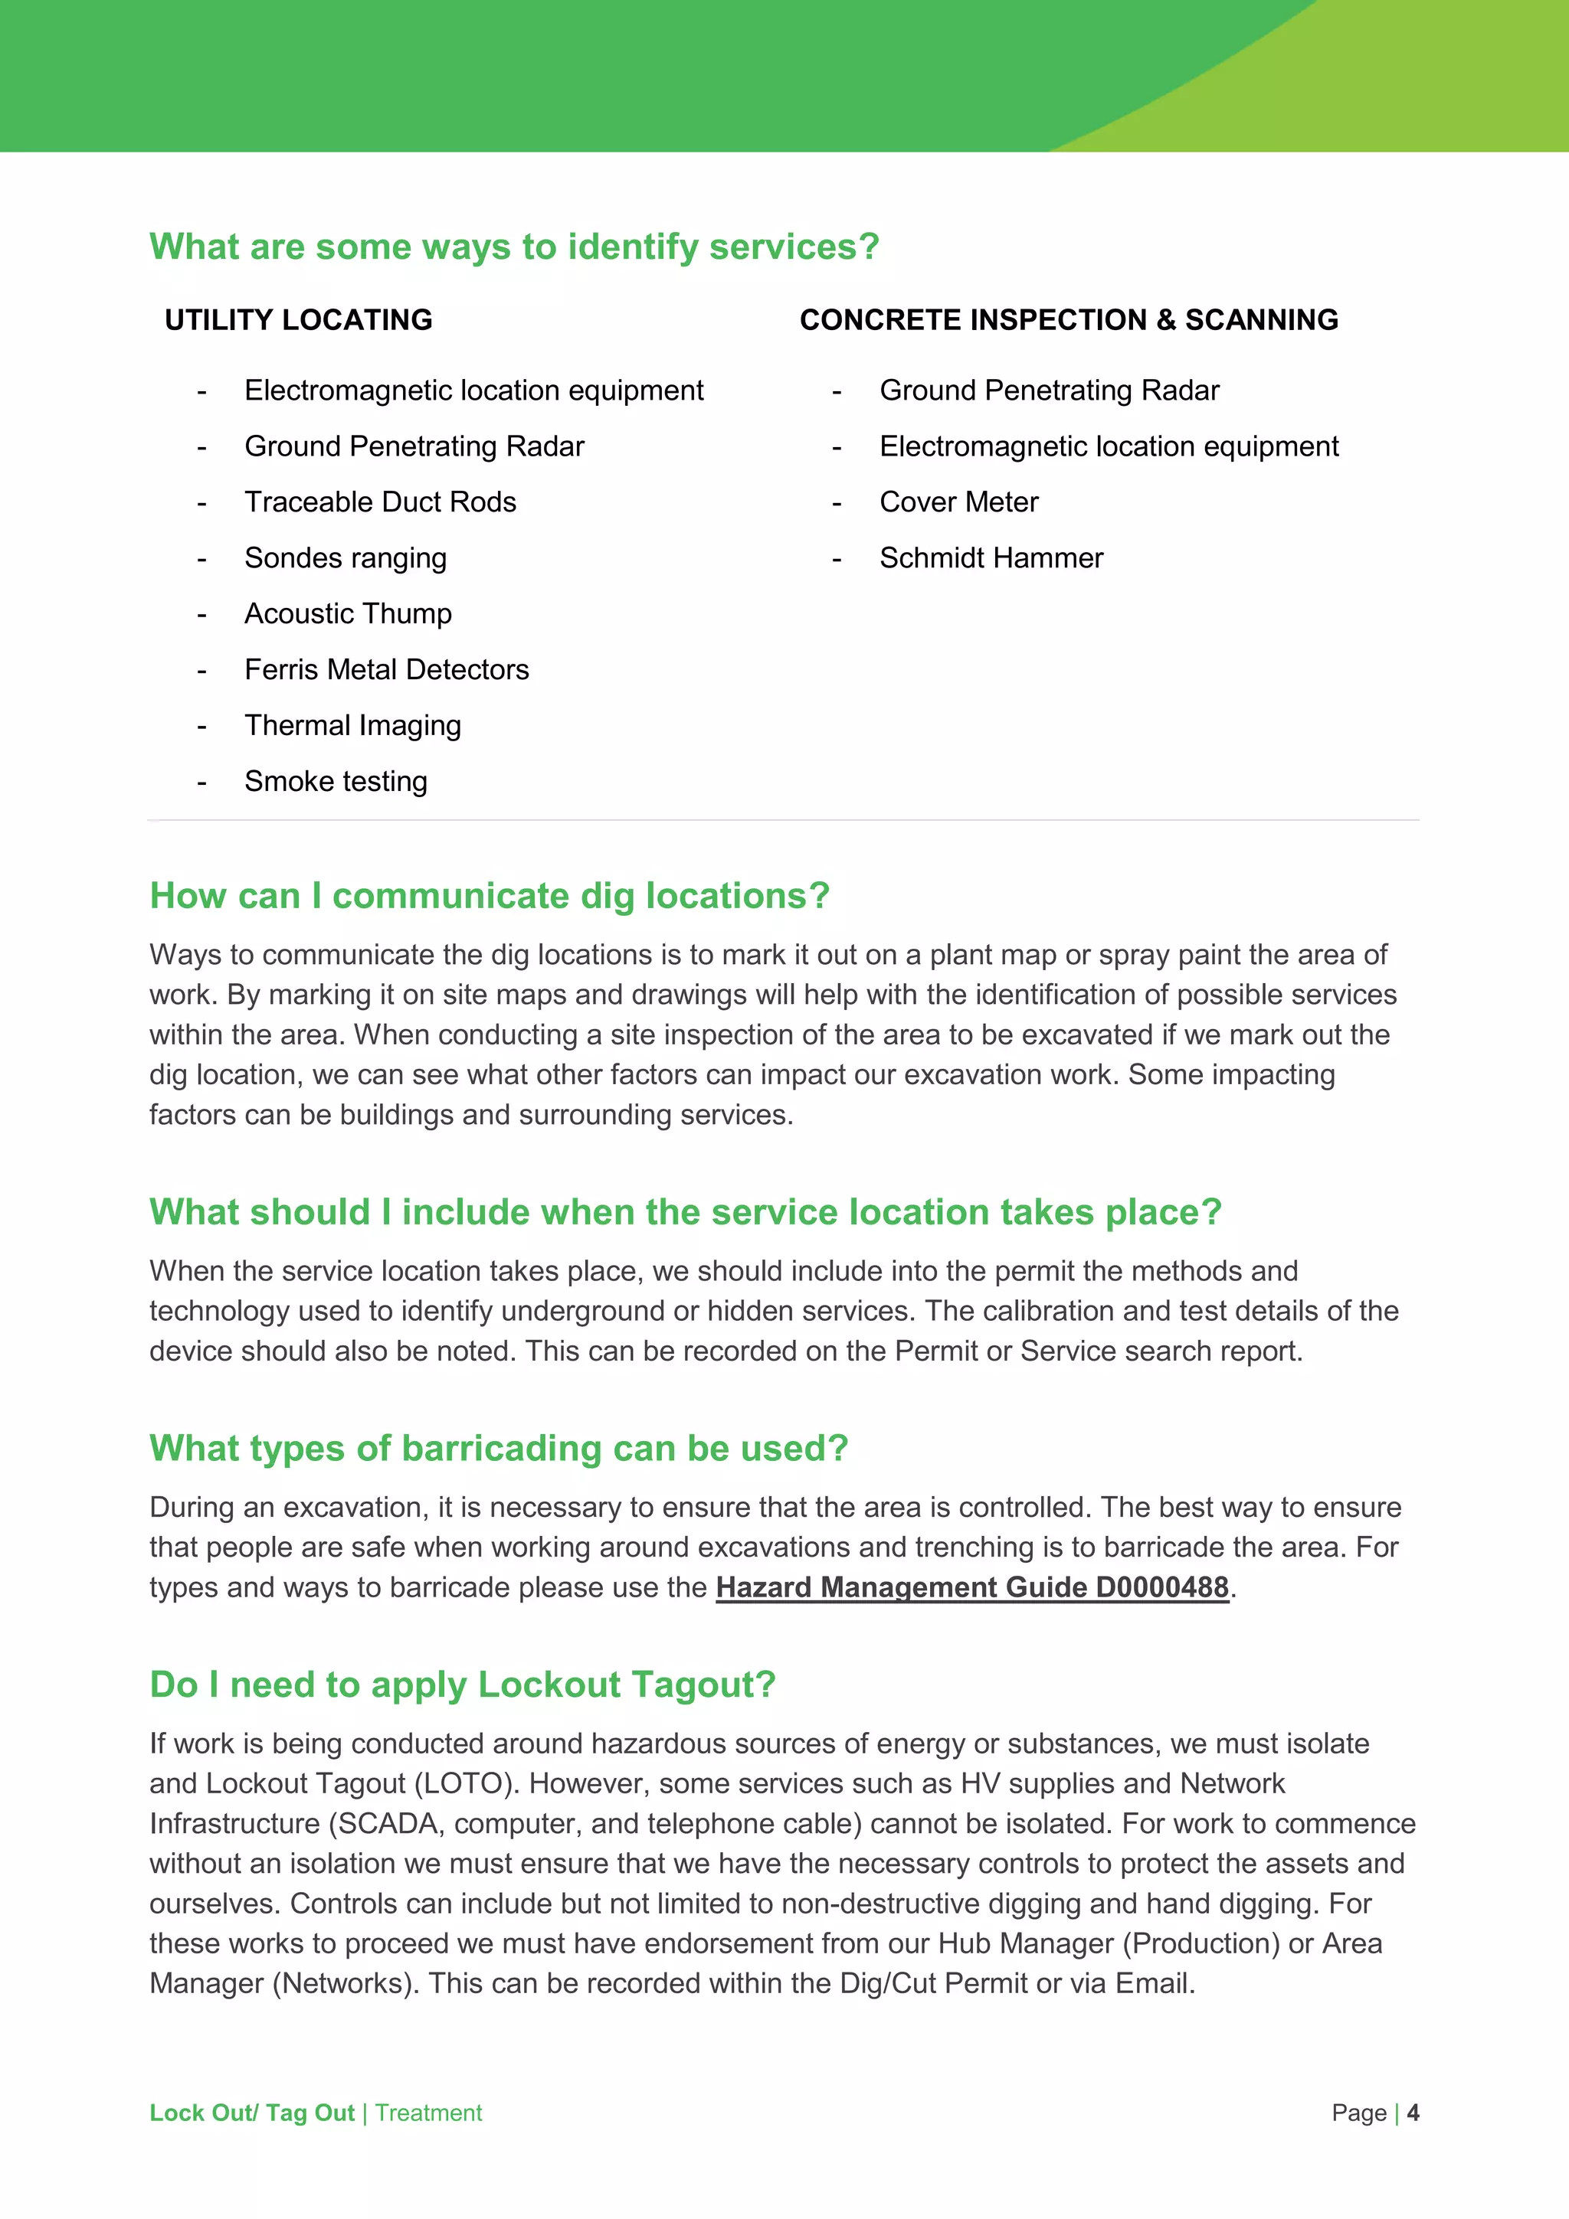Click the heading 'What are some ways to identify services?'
click(x=514, y=247)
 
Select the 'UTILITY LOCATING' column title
click(x=298, y=320)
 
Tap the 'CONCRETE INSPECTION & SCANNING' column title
click(x=1068, y=320)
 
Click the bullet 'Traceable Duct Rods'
click(x=380, y=502)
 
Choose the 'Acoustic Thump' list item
click(x=348, y=613)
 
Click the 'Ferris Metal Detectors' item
click(x=387, y=670)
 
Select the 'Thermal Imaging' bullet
click(x=353, y=726)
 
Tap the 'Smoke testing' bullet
click(x=336, y=781)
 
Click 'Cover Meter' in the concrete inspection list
click(x=958, y=502)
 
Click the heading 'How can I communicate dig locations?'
click(x=490, y=896)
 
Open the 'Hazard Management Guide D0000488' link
click(x=971, y=1587)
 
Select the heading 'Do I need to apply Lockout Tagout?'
click(x=462, y=1685)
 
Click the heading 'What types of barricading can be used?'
click(x=498, y=1449)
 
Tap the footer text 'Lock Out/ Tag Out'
click(x=251, y=2113)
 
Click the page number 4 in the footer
click(x=1413, y=2113)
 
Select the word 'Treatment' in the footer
click(x=428, y=2113)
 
